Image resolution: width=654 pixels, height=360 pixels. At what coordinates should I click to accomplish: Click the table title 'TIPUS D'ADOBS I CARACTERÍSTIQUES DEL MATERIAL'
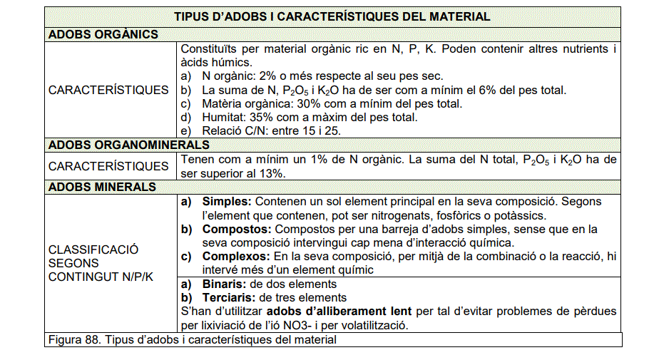pyautogui.click(x=332, y=16)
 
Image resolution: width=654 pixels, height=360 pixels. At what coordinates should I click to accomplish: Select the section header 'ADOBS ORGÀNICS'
pyautogui.click(x=103, y=34)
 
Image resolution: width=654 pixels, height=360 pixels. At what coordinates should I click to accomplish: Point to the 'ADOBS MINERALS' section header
pyautogui.click(x=102, y=187)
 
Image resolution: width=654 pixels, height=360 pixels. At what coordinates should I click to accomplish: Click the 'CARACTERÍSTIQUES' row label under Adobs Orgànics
pyautogui.click(x=108, y=90)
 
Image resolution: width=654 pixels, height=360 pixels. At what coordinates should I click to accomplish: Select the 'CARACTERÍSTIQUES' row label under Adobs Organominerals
pyautogui.click(x=108, y=166)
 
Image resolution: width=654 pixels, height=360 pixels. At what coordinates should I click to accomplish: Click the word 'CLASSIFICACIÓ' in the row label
pyautogui.click(x=93, y=250)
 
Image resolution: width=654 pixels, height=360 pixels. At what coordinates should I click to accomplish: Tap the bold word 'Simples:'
pyautogui.click(x=227, y=202)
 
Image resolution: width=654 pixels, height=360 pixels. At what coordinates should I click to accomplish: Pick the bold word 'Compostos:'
pyautogui.click(x=237, y=229)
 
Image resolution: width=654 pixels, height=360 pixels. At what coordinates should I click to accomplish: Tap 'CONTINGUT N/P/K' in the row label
pyautogui.click(x=101, y=277)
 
